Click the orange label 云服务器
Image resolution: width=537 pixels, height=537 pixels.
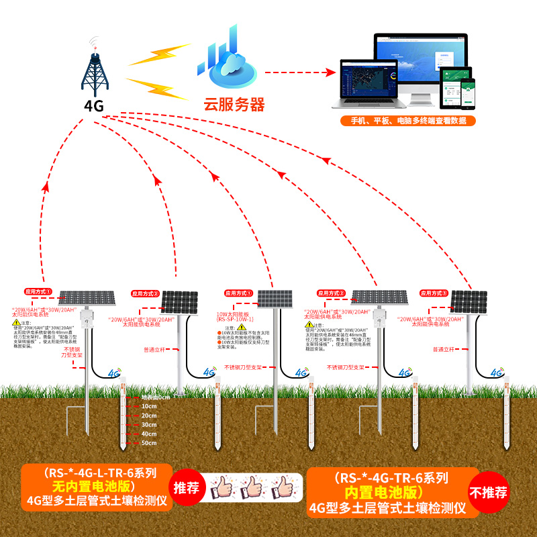point(234,105)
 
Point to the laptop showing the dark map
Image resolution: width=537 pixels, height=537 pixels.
point(367,81)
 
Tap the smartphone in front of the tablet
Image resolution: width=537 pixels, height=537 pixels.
point(468,93)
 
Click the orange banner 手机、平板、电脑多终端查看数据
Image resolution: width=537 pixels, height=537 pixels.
point(408,121)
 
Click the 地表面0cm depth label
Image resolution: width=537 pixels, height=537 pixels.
point(155,397)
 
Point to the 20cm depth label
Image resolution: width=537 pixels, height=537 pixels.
point(148,416)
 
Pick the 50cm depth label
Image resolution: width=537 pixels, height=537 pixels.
point(148,442)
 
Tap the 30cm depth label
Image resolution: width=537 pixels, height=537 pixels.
point(148,424)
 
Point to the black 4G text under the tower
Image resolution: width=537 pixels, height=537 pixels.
point(94,105)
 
